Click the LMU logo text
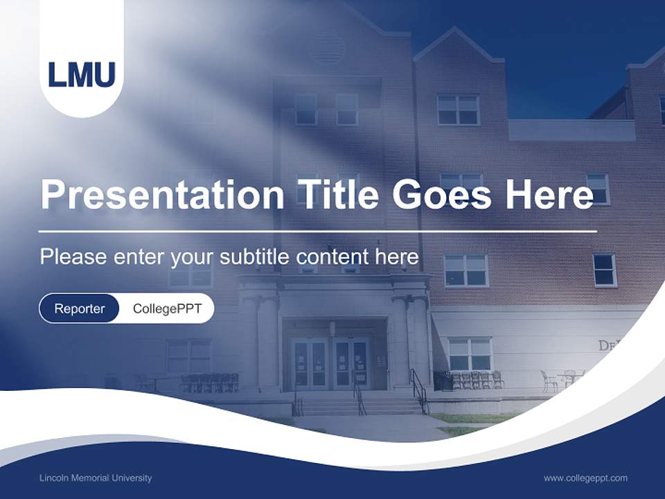82,74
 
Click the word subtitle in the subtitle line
256,257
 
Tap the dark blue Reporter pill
79,308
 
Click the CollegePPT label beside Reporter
167,308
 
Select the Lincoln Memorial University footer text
96,478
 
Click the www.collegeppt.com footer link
585,478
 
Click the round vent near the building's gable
326,49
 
